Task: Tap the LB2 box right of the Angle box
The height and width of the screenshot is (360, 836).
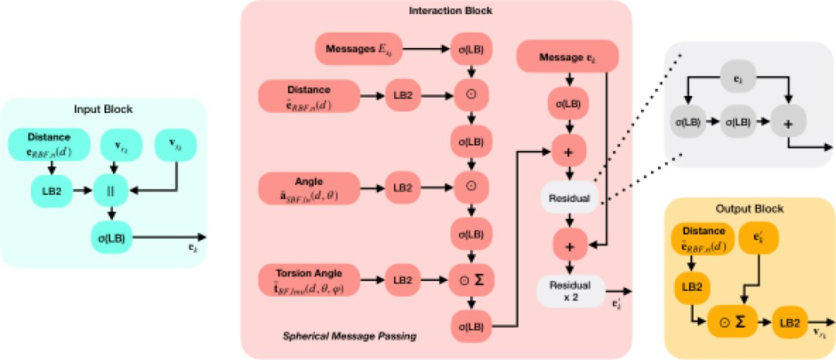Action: pos(401,188)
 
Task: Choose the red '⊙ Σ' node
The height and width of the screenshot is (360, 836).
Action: pos(472,279)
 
